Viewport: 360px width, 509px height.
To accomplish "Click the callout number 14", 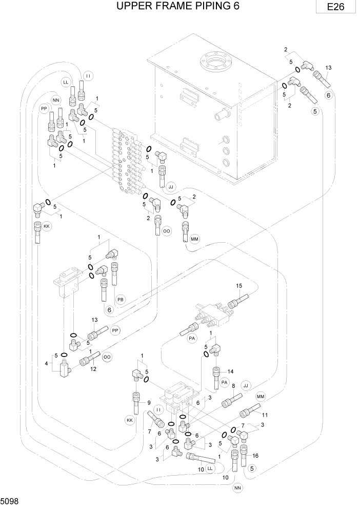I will point(230,371).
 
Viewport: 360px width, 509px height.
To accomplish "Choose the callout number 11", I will point(265,415).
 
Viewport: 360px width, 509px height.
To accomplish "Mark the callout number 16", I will point(255,455).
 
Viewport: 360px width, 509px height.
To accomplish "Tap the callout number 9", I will point(149,403).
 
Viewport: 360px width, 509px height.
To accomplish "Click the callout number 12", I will point(93,368).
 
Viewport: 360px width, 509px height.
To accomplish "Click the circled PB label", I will point(121,299).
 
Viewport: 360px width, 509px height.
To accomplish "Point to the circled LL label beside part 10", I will point(210,469).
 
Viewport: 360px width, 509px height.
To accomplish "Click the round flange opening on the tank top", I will point(216,64).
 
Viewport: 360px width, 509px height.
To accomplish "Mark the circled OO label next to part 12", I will point(107,356).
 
